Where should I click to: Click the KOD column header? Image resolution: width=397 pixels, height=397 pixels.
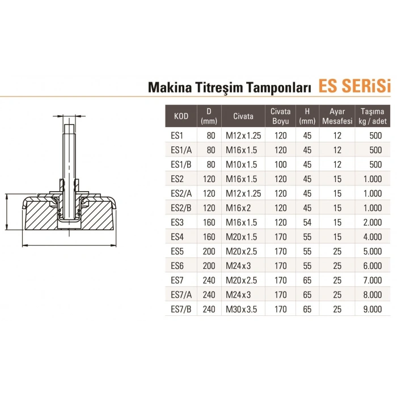click(x=181, y=116)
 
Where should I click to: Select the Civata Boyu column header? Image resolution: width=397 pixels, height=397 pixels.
click(x=281, y=116)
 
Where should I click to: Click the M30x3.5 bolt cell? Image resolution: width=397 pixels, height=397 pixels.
click(x=243, y=309)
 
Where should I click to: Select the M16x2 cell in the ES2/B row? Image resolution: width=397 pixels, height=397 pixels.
click(x=239, y=207)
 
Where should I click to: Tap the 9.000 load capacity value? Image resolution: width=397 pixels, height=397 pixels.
click(x=372, y=309)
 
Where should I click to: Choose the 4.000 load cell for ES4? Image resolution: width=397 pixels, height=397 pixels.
click(x=372, y=236)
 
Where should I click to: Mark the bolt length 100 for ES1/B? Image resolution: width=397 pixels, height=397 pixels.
click(x=280, y=164)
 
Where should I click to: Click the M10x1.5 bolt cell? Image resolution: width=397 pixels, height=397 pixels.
click(x=242, y=164)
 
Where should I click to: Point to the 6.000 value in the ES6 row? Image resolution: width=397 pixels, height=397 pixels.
click(x=372, y=265)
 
